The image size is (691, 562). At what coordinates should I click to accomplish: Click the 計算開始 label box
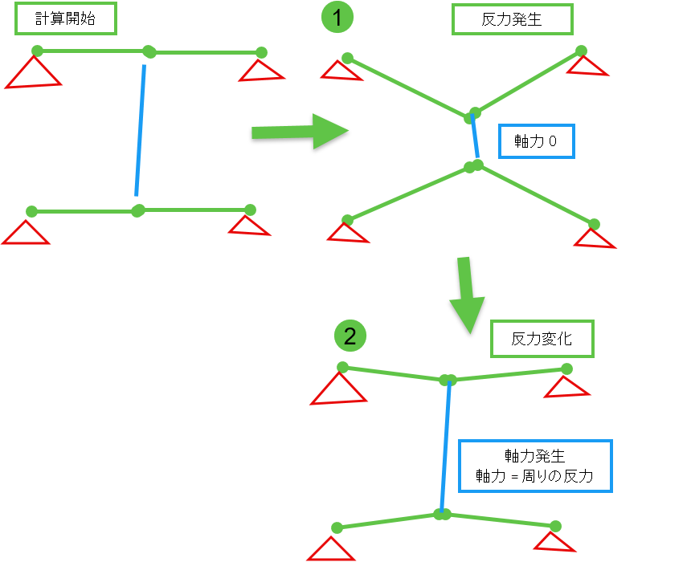pos(66,18)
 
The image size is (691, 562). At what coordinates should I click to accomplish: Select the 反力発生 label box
pos(512,19)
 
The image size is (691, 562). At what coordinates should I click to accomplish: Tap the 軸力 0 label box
pos(536,141)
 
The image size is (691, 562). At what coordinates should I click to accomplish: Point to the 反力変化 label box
pos(542,339)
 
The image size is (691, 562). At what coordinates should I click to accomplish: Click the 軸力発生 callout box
pos(534,466)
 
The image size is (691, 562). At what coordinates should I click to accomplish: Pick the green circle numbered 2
pos(350,336)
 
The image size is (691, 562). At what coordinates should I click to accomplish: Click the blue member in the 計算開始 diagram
pos(141,131)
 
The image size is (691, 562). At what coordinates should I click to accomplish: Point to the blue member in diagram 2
pos(444,446)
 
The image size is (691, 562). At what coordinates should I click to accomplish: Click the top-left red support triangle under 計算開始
pos(34,74)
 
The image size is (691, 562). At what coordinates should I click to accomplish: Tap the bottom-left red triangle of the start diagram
pos(27,234)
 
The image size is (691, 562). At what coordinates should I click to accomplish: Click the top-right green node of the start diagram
pos(261,53)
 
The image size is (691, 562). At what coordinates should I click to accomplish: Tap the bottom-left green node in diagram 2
pos(337,527)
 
